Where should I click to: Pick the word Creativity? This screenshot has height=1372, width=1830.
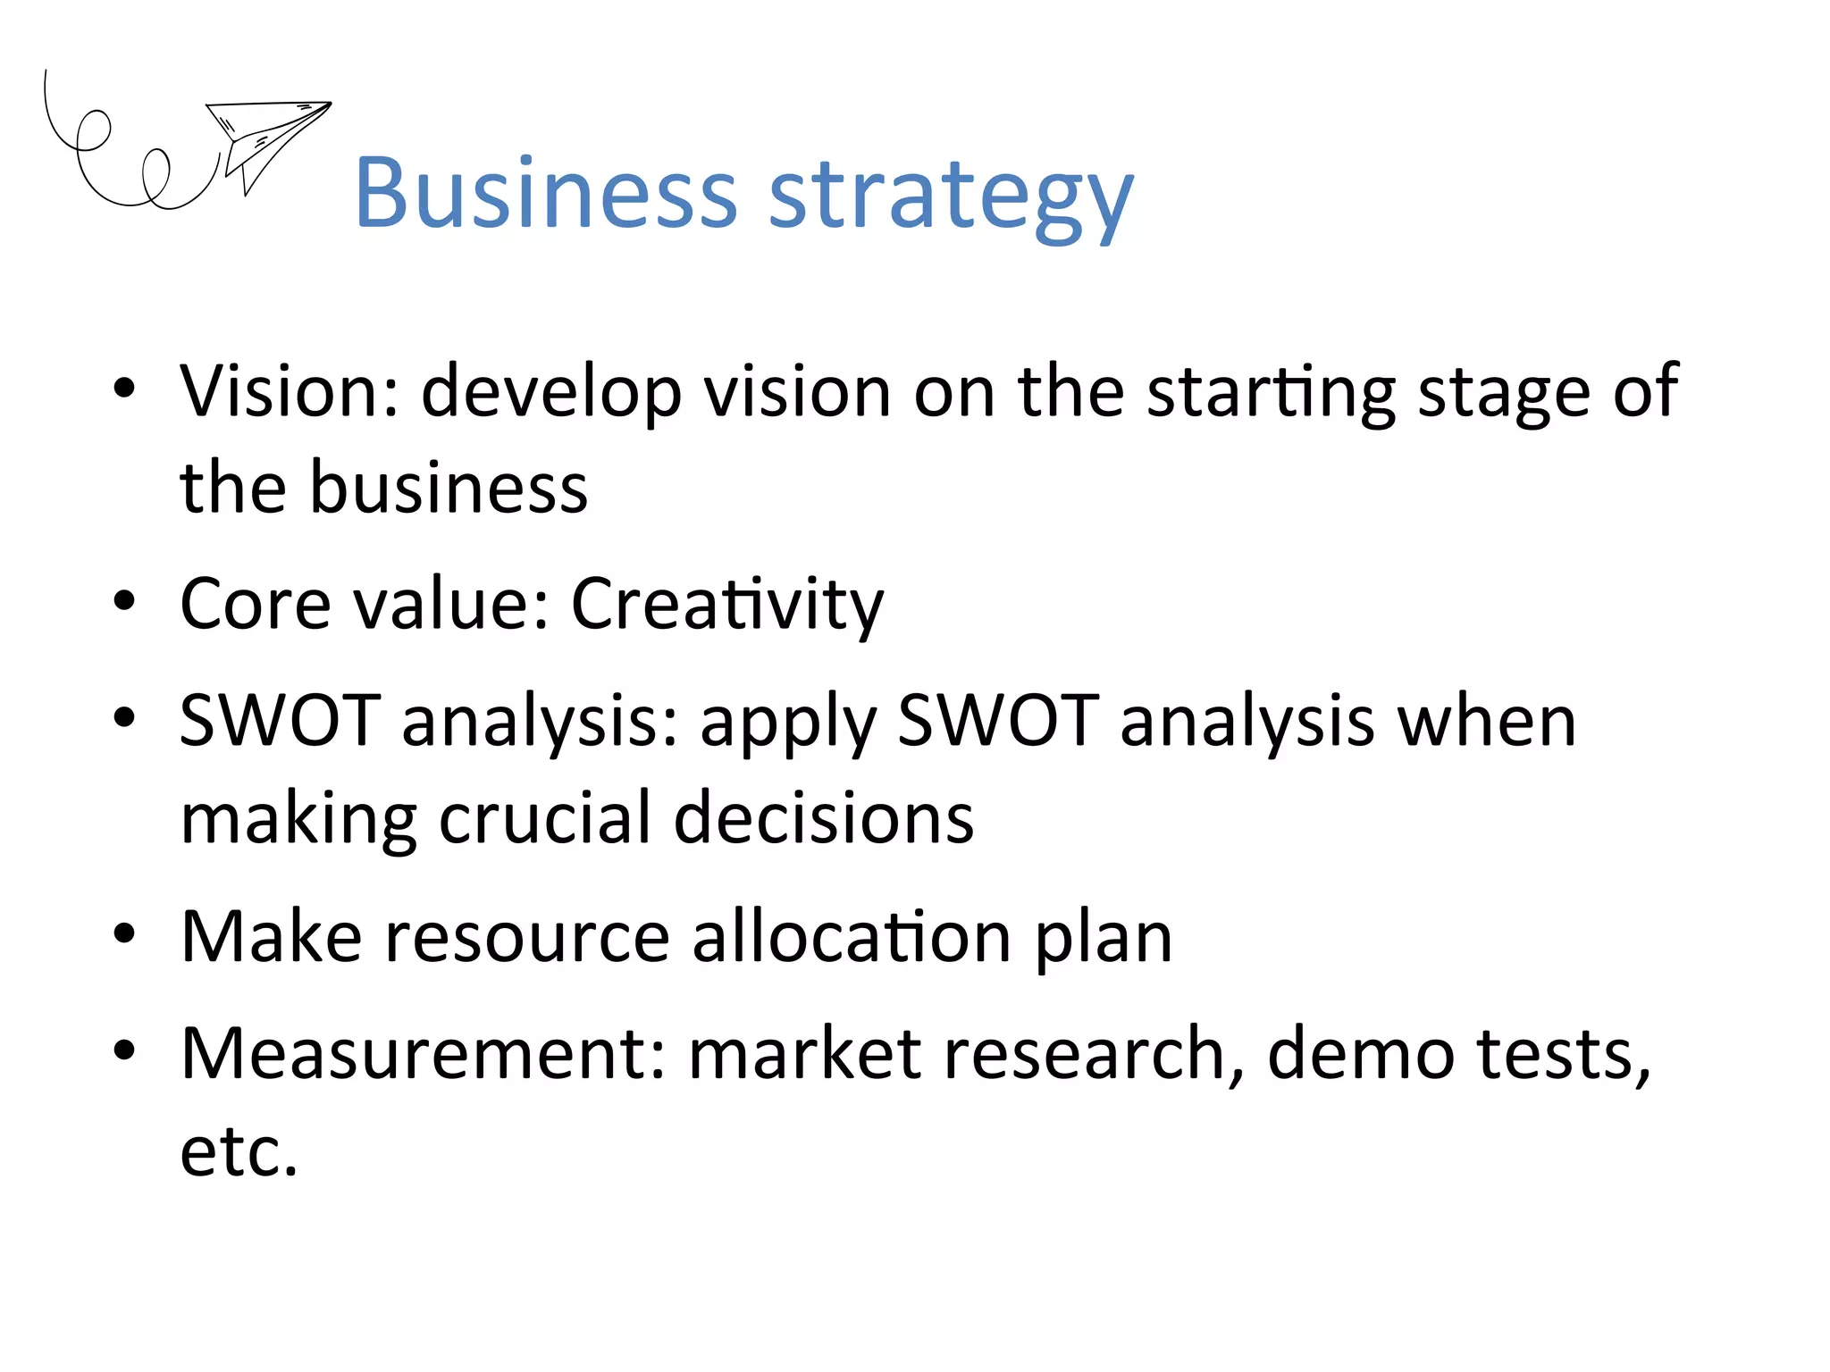[726, 606]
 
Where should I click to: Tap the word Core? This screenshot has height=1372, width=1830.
[256, 604]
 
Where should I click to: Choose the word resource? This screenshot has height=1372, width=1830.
[527, 937]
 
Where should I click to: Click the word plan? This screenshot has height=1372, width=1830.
[1104, 940]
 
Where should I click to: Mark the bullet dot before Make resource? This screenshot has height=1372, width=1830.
[124, 933]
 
